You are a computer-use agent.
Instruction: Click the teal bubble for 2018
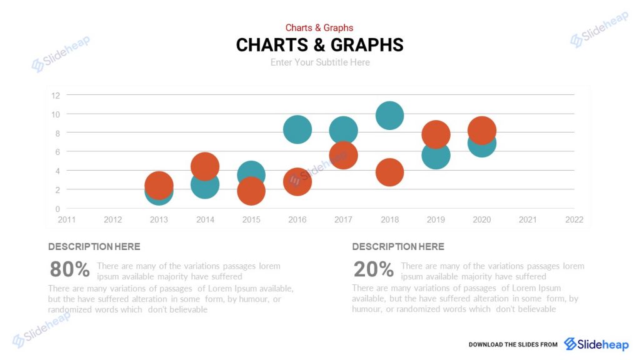[389, 116]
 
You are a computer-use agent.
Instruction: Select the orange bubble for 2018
[389, 172]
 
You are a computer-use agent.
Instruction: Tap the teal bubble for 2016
[297, 129]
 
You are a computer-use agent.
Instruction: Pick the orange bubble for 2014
[204, 166]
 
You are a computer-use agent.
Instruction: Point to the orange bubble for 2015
[251, 191]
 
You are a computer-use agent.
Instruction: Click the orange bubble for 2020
[482, 130]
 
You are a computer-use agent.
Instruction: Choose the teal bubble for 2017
[343, 130]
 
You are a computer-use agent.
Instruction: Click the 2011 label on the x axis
[67, 219]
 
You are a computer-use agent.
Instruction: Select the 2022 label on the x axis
[574, 219]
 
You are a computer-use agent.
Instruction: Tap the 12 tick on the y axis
[56, 95]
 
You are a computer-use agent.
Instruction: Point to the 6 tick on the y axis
[57, 152]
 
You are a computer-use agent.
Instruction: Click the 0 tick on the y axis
[57, 209]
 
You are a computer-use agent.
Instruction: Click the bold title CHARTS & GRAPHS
[320, 45]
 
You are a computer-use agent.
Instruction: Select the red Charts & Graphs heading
[319, 27]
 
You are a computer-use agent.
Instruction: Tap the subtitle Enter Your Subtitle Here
[320, 62]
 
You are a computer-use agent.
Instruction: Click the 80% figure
[70, 269]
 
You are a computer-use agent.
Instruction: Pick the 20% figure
[374, 269]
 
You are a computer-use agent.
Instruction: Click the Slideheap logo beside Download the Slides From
[596, 344]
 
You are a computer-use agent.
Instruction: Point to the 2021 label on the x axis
[527, 219]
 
